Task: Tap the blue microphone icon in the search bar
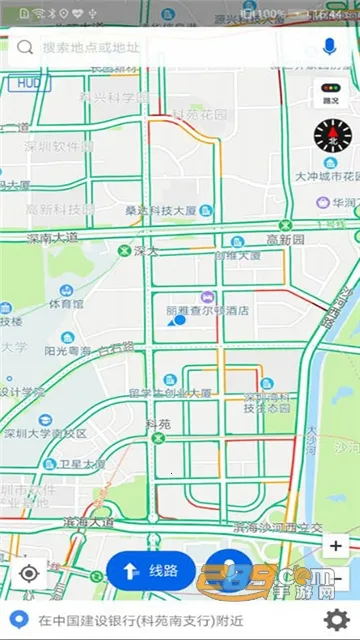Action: tap(329, 47)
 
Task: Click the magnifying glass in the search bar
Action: tap(25, 47)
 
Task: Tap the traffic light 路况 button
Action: tap(329, 94)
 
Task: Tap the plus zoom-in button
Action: tap(337, 546)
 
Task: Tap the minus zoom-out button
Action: tap(337, 578)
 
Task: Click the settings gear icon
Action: tap(338, 619)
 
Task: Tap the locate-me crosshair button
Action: tap(29, 573)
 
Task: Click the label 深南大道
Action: tap(52, 238)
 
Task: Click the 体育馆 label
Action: tap(65, 302)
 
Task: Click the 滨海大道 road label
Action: tap(88, 522)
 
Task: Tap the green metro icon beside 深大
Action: tap(124, 250)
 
